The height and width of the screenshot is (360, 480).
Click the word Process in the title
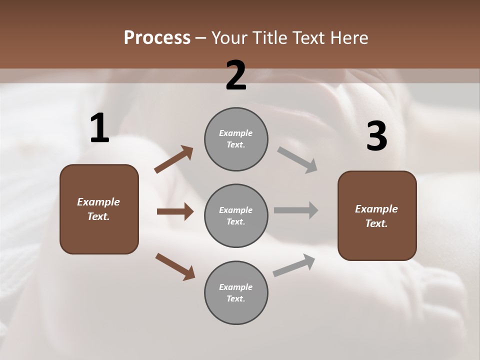coord(157,37)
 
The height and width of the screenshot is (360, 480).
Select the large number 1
coord(99,129)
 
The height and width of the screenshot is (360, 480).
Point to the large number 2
coord(236,76)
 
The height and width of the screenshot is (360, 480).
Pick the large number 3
coord(376,136)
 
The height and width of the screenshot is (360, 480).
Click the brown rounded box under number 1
coord(99,209)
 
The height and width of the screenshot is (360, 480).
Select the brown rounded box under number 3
coord(377,215)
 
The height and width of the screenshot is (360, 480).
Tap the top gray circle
coord(236,139)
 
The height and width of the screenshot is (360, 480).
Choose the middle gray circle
coord(236,215)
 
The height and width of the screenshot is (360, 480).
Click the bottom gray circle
coord(236,292)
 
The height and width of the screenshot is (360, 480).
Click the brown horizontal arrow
coord(175,211)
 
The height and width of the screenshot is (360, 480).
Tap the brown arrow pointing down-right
coord(175,266)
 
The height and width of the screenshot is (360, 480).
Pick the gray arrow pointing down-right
coord(297,159)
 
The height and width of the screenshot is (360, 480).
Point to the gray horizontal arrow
coord(296,210)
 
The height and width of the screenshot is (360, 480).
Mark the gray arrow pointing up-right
coord(294,265)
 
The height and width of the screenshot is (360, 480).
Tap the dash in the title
coord(200,37)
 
